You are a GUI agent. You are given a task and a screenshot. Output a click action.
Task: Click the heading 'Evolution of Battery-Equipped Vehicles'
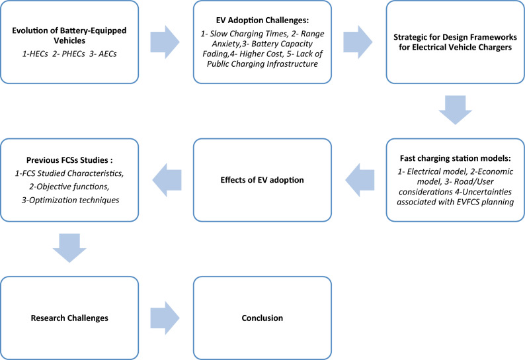(69, 35)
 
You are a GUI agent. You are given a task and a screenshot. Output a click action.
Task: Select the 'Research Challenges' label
(69, 318)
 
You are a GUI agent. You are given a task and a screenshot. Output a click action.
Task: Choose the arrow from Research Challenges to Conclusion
(165, 318)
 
